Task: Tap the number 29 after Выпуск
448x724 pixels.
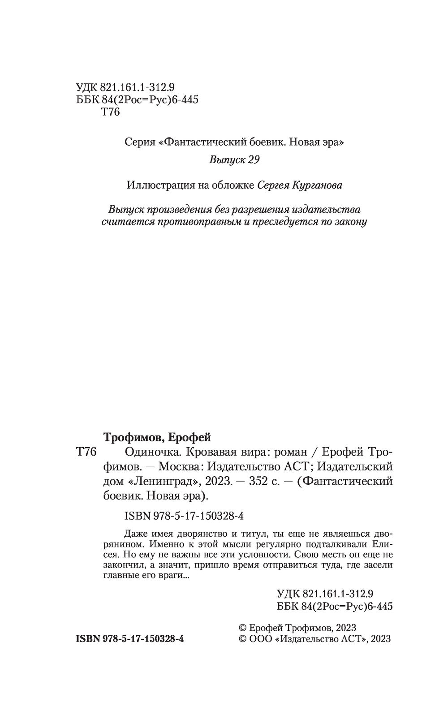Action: click(x=253, y=160)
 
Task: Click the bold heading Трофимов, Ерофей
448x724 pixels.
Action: click(x=157, y=437)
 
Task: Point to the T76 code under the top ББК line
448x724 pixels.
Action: click(x=111, y=112)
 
